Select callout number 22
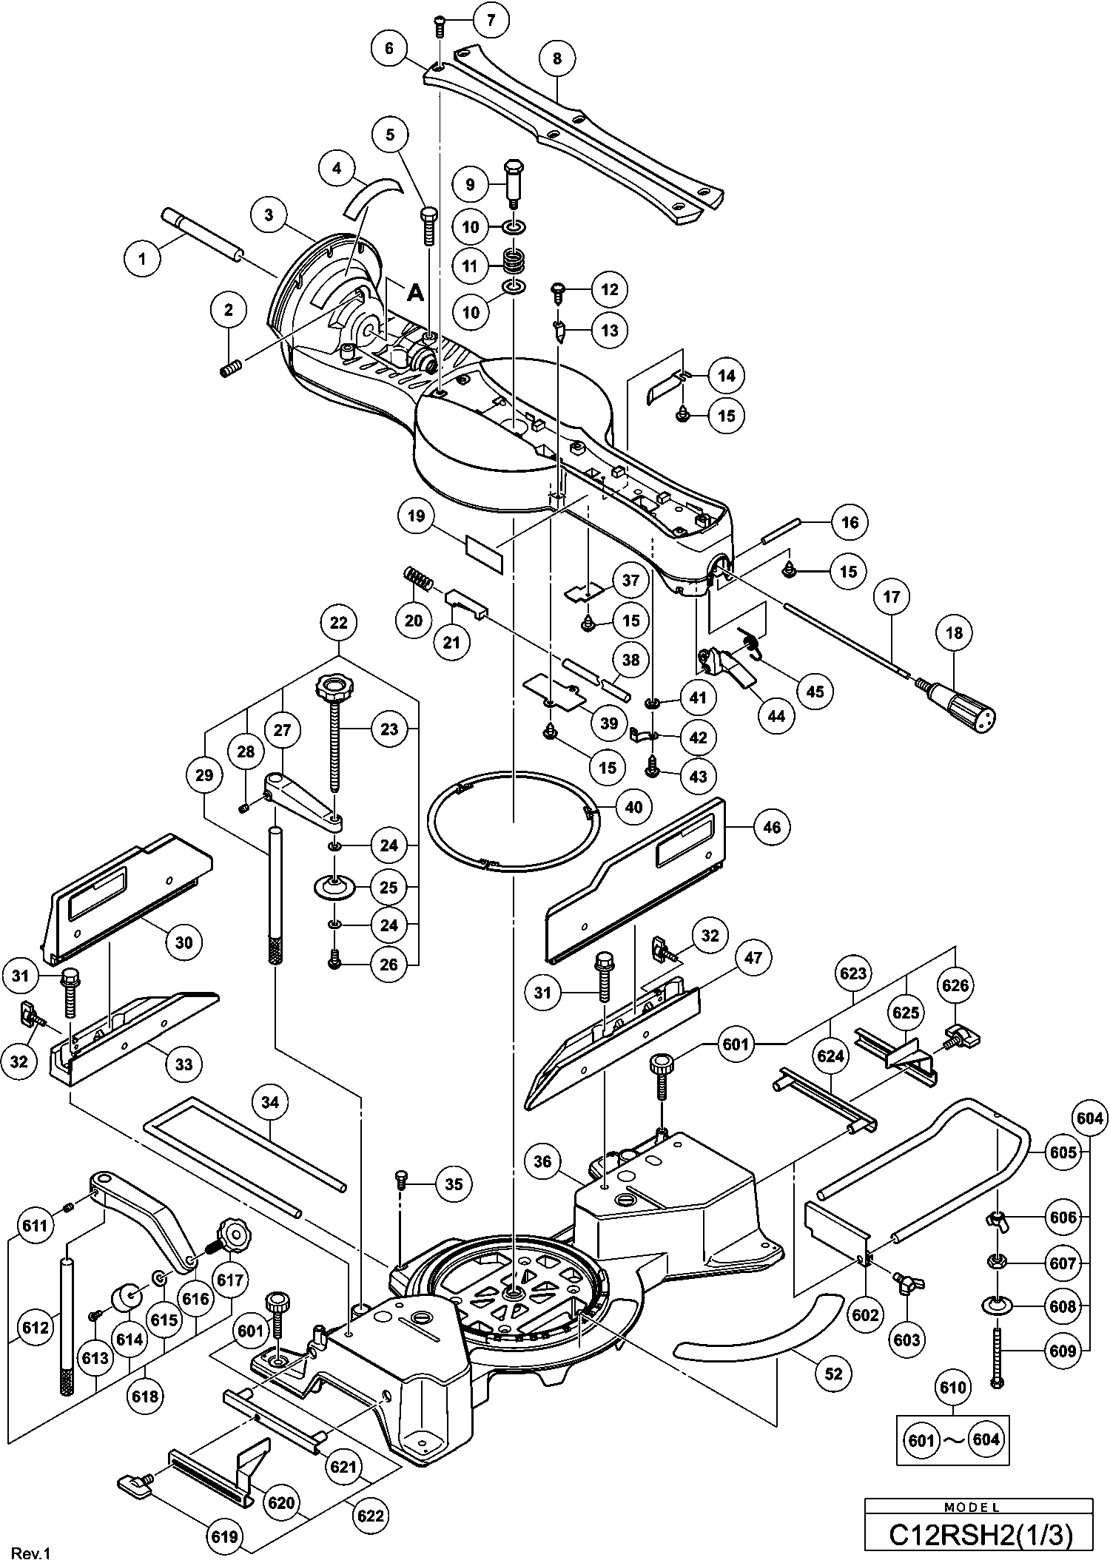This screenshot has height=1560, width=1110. [x=338, y=622]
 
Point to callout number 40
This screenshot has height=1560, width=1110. [x=634, y=806]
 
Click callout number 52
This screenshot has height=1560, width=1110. [x=833, y=1374]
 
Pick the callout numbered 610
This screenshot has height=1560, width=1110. [x=952, y=1388]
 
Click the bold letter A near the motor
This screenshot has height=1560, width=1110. [x=416, y=293]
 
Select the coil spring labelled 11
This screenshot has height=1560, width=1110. [x=513, y=260]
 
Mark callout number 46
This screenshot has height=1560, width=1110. [x=771, y=827]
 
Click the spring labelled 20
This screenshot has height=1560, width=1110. [x=420, y=578]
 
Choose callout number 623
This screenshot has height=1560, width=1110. [x=852, y=973]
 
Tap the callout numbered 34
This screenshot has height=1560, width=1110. [x=270, y=1102]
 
